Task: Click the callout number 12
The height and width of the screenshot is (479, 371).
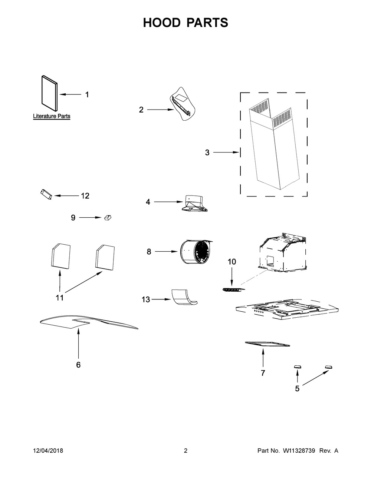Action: click(x=85, y=196)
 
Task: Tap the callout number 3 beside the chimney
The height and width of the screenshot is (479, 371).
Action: click(x=207, y=152)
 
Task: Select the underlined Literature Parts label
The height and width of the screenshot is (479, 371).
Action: click(x=52, y=116)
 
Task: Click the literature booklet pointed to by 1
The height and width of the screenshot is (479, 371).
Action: click(x=49, y=93)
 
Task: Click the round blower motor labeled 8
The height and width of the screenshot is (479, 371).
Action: click(x=195, y=252)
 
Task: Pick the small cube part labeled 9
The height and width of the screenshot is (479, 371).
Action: click(x=108, y=218)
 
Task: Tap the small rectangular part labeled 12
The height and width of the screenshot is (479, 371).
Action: click(x=46, y=194)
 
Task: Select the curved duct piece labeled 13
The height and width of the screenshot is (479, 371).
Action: click(x=185, y=297)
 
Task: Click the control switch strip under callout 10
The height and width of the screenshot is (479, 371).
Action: click(x=234, y=290)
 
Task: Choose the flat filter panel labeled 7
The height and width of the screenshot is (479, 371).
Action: click(x=267, y=344)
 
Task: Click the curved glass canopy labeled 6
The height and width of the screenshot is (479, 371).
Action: click(x=89, y=322)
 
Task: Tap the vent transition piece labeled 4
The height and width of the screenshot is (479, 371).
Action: click(x=195, y=203)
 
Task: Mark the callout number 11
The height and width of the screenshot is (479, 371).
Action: click(x=59, y=298)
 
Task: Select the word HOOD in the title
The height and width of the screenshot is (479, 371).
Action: click(x=162, y=23)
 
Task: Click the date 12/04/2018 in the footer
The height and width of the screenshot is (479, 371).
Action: click(x=48, y=451)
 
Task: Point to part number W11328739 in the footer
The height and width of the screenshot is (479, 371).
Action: click(x=299, y=451)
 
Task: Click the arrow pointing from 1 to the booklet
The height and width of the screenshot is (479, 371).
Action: click(x=70, y=94)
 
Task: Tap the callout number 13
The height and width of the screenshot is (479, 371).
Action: click(x=146, y=299)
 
